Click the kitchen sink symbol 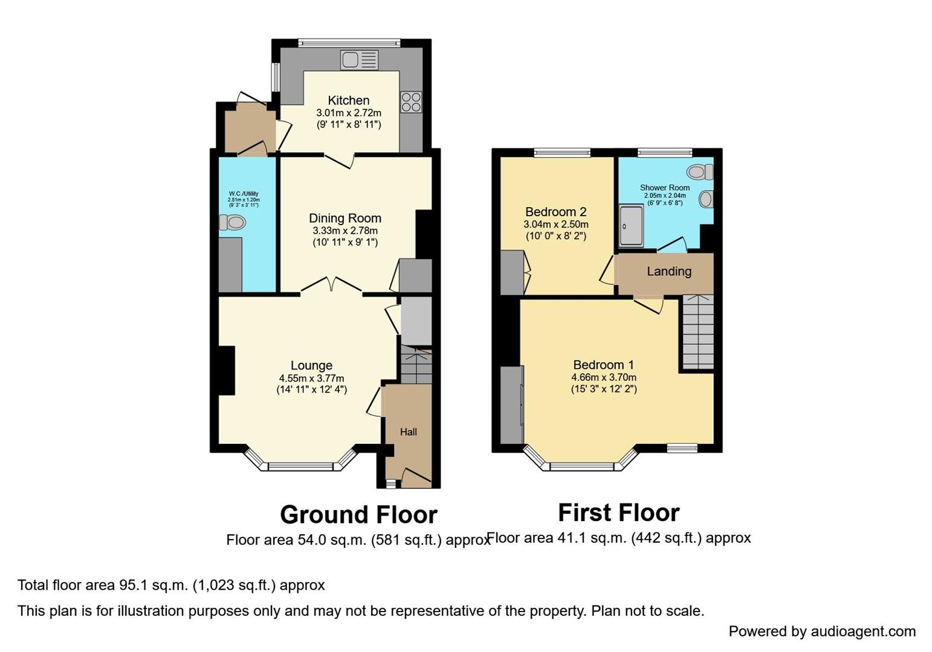click(x=359, y=60)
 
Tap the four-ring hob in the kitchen click(x=410, y=101)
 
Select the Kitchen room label click(x=349, y=100)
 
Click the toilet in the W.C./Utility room click(x=233, y=223)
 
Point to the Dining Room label click(x=345, y=218)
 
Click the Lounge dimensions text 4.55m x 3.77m click(x=311, y=379)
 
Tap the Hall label click(x=409, y=432)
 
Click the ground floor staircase click(x=416, y=366)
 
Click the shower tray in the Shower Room click(x=631, y=226)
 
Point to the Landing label click(x=669, y=272)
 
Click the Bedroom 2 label click(x=555, y=212)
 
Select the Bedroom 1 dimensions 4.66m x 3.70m click(x=604, y=378)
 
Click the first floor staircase click(x=698, y=331)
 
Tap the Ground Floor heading click(x=358, y=515)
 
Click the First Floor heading click(x=618, y=513)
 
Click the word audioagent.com click(x=863, y=631)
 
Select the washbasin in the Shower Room click(x=706, y=199)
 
